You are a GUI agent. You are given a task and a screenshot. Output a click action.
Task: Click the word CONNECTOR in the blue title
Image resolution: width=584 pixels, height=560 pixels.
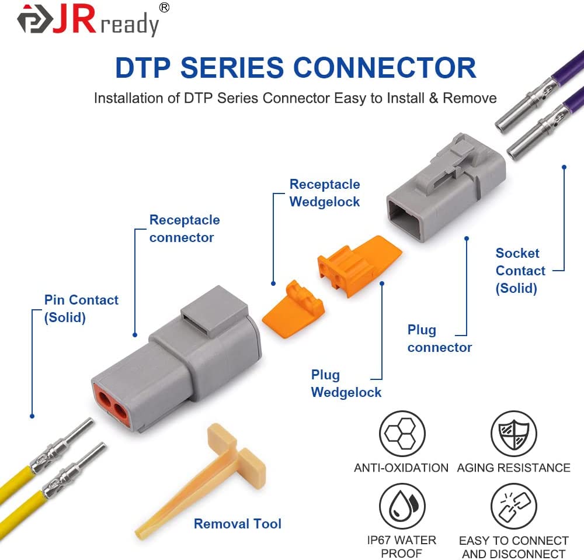click(385, 68)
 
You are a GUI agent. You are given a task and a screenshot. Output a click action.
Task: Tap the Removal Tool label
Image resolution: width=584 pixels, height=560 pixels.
click(237, 523)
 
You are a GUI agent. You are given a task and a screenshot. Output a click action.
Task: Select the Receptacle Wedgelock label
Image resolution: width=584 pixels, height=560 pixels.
click(325, 193)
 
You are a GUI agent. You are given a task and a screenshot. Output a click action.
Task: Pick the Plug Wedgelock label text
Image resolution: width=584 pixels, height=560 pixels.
click(346, 383)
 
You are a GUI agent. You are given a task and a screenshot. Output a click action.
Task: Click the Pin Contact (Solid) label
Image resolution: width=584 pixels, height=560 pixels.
click(81, 309)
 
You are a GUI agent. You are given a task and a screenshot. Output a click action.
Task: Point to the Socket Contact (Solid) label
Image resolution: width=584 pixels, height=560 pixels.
click(520, 271)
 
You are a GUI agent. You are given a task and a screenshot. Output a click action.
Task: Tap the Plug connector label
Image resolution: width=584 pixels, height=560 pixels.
click(439, 338)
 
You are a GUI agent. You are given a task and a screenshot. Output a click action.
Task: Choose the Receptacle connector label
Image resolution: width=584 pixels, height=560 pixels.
click(185, 229)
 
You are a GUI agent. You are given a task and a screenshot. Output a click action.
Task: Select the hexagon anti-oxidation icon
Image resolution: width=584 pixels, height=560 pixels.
click(402, 434)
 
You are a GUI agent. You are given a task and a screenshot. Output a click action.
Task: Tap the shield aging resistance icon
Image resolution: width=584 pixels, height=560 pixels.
click(513, 434)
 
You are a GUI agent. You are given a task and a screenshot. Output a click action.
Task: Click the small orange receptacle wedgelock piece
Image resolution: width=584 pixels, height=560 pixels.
click(293, 309)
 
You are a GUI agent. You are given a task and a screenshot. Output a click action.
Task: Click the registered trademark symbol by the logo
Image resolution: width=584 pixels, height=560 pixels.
click(164, 8)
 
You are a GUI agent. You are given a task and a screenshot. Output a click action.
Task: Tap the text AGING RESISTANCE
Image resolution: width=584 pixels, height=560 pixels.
click(513, 468)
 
